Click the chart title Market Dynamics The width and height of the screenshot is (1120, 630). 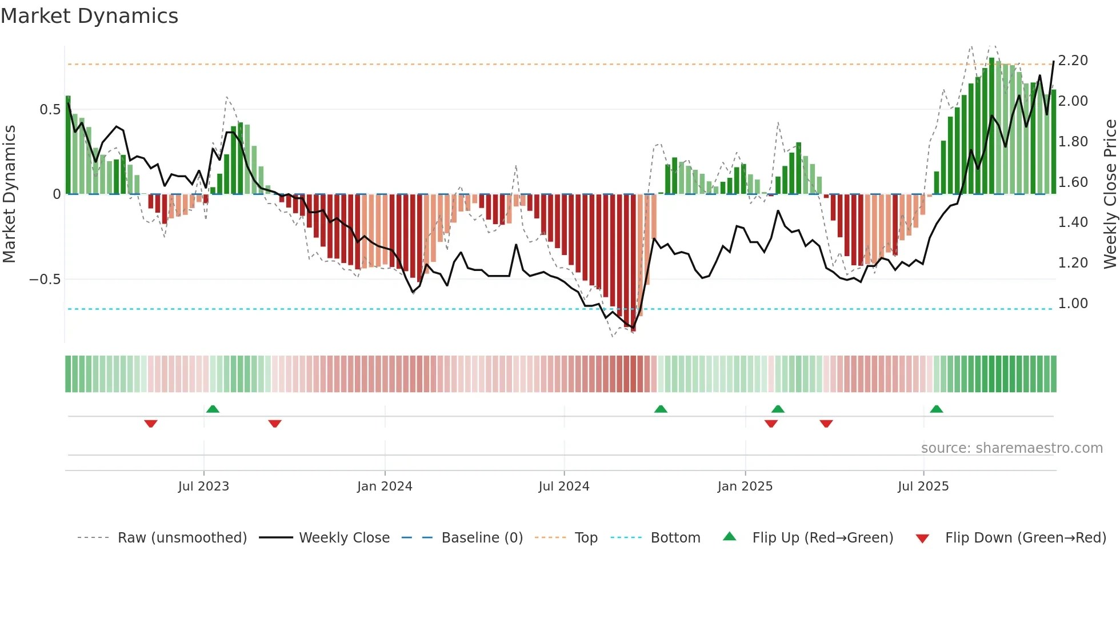89,16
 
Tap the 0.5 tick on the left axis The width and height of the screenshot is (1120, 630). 50,109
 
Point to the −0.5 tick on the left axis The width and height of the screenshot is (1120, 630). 45,279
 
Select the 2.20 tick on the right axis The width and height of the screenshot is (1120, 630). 1073,61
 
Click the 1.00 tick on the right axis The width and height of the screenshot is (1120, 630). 1073,303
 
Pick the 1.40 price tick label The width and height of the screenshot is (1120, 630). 1073,222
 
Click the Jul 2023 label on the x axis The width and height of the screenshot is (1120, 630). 203,487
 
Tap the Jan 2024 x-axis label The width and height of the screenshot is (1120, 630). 385,487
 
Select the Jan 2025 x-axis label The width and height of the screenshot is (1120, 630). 745,487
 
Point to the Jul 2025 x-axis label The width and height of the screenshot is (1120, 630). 923,487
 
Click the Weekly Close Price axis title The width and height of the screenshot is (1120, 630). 1110,194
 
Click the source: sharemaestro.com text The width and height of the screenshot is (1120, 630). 1011,448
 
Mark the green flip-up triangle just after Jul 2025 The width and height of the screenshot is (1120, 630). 936,409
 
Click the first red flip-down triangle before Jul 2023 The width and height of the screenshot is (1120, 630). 151,424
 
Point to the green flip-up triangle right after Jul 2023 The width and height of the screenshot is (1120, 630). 213,409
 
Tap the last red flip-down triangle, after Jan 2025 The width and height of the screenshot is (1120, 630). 826,424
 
